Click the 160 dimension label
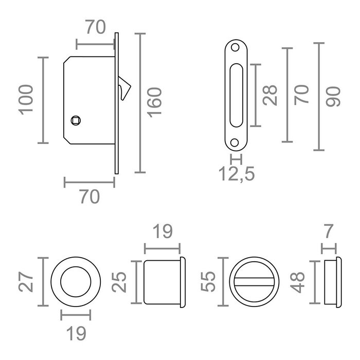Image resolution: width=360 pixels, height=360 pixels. (x=154, y=102)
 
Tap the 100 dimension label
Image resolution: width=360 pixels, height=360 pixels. (x=26, y=100)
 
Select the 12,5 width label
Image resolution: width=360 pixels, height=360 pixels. (x=237, y=174)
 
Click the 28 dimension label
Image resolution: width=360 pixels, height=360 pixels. (x=270, y=95)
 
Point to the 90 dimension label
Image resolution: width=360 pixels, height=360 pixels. (x=333, y=97)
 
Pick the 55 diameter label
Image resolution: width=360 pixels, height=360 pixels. (x=208, y=282)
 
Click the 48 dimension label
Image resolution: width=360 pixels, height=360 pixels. (x=297, y=282)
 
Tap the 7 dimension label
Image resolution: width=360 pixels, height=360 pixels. (x=329, y=231)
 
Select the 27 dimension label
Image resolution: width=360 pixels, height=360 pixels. (x=26, y=282)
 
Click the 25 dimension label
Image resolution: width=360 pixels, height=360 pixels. (x=119, y=282)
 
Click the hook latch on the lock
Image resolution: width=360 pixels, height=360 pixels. (x=124, y=88)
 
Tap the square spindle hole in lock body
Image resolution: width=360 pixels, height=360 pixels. (x=76, y=120)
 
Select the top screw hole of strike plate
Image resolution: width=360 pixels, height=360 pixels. (x=235, y=47)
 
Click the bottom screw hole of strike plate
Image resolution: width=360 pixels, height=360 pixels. (x=235, y=142)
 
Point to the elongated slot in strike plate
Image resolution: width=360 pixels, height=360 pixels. (x=236, y=95)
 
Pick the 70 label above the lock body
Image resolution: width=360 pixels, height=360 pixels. (x=96, y=27)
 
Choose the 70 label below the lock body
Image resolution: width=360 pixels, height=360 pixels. (x=90, y=196)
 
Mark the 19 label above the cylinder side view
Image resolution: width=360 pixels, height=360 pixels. (x=163, y=231)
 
